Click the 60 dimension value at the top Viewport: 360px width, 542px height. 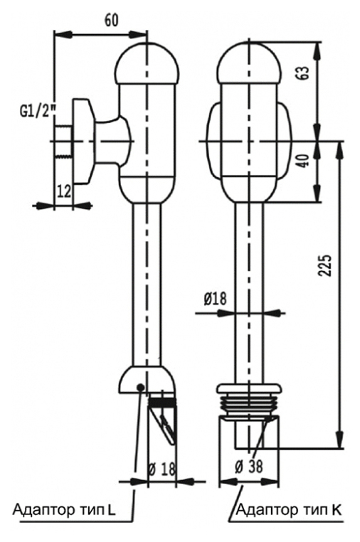pos(112,21)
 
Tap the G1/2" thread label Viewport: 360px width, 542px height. pos(38,112)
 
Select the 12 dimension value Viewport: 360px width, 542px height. pos(64,191)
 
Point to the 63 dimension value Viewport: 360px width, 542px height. pos(304,73)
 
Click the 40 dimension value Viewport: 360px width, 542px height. pos(304,161)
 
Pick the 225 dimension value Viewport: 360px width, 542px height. pos(325,265)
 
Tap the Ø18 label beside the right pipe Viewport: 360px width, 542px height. pos(215,298)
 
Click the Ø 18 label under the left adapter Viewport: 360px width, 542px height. pos(162,469)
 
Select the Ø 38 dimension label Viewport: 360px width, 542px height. pos(248,467)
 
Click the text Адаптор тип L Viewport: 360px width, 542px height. pos(64,510)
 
